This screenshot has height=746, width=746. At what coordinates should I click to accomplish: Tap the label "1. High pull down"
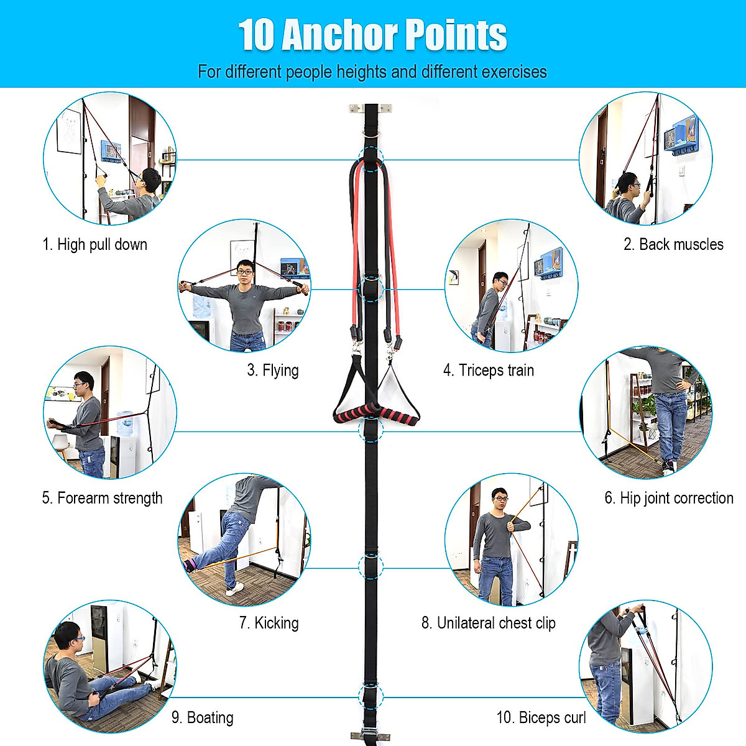95,244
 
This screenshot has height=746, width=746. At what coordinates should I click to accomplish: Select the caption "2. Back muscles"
673,244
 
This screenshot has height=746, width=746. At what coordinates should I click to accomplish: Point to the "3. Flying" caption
273,371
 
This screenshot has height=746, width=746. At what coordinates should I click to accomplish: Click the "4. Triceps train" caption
489,371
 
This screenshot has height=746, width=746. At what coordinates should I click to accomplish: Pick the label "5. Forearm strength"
103,498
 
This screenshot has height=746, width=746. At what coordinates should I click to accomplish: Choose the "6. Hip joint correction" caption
669,498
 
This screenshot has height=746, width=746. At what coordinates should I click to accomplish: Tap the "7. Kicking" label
269,623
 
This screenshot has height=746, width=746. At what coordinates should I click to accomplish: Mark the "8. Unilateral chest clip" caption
489,623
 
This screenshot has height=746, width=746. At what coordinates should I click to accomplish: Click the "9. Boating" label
203,717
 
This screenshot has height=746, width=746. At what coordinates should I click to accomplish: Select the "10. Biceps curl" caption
541,717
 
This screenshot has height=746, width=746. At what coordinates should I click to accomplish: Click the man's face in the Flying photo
244,270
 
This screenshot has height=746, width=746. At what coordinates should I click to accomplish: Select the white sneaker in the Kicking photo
234,590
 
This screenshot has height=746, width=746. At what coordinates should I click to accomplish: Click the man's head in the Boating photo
67,637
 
